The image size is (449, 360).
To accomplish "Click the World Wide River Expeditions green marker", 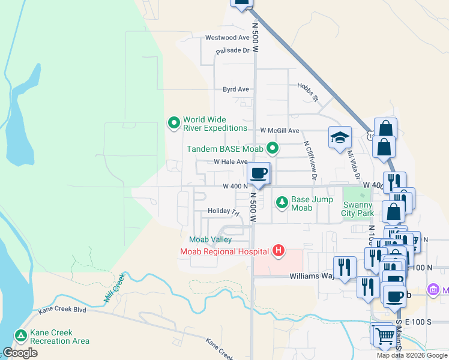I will (174, 123).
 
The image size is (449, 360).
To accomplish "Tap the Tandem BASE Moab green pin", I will (273, 148).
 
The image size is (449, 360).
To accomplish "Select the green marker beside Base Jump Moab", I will (282, 203).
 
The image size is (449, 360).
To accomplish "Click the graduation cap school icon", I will (340, 137).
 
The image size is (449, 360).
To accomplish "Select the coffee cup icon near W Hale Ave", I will (259, 173).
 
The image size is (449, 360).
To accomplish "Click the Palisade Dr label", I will (233, 50).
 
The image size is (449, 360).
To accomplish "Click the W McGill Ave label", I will (279, 130).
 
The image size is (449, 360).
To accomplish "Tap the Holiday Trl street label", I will (223, 212).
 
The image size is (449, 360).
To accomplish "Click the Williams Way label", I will (312, 277).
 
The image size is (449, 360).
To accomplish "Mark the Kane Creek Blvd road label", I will (62, 310).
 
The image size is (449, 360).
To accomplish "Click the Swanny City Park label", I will (358, 208).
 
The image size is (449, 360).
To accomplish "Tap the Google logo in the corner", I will (20, 353).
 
